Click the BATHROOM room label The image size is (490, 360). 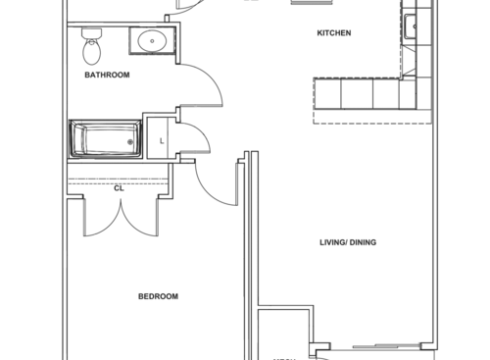(x=107, y=75)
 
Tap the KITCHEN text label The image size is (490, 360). (x=333, y=33)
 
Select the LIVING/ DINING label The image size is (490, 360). (x=348, y=242)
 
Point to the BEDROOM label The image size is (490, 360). (x=158, y=296)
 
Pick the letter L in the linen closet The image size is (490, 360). (x=162, y=140)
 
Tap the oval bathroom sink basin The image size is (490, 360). (x=152, y=41)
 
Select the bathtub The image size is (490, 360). (x=105, y=138)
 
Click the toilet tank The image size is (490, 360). (x=91, y=32)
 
